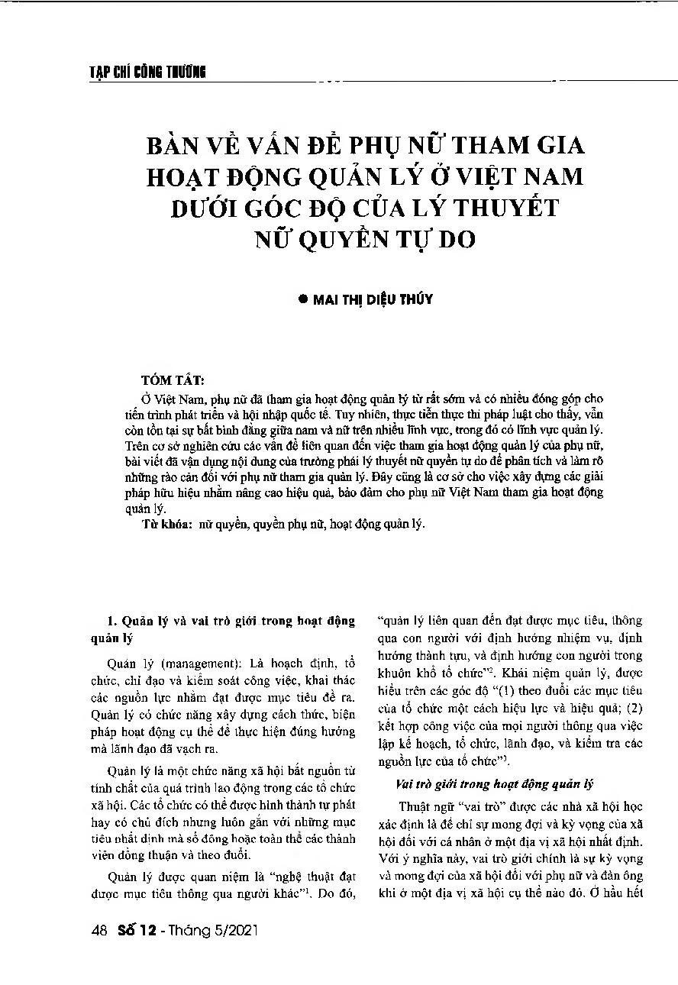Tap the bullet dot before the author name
[302, 299]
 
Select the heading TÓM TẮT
[173, 379]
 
